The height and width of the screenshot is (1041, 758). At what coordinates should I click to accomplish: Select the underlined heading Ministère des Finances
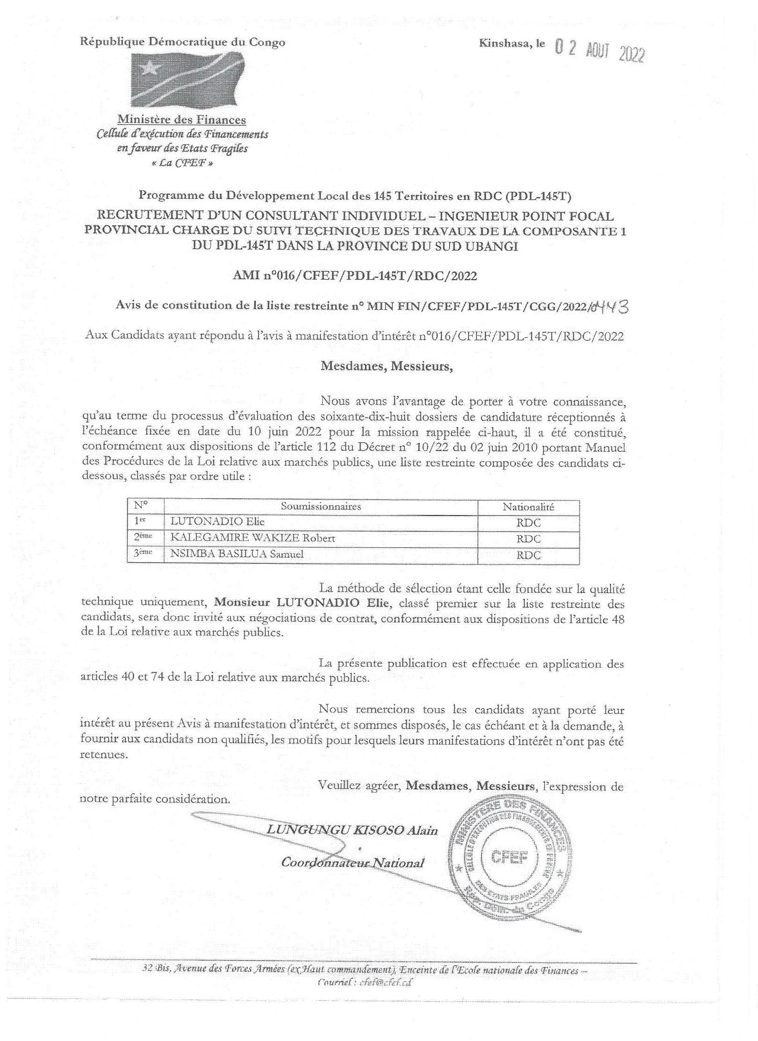pyautogui.click(x=181, y=120)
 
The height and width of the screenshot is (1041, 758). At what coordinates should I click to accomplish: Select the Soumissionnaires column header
pyautogui.click(x=320, y=506)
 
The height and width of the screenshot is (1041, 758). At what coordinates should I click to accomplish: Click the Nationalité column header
pyautogui.click(x=528, y=507)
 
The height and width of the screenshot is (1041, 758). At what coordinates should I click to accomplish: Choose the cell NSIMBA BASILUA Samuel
pyautogui.click(x=238, y=554)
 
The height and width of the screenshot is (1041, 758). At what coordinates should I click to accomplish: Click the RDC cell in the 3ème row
pyautogui.click(x=528, y=555)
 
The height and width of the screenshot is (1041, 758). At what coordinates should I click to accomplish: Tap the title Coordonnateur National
pyautogui.click(x=352, y=863)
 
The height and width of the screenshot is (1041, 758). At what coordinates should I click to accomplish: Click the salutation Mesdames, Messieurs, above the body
pyautogui.click(x=386, y=366)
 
